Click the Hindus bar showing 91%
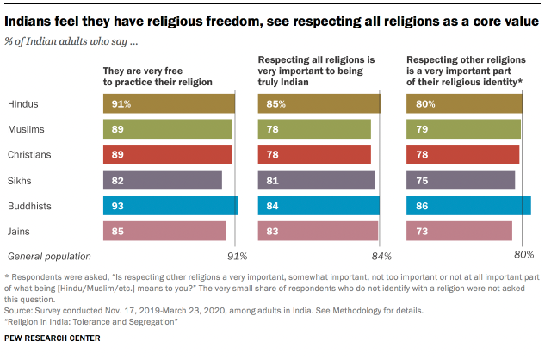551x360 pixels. point(169,104)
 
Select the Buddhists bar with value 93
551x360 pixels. point(170,205)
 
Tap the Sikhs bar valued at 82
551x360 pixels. point(162,180)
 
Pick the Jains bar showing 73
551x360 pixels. point(459,231)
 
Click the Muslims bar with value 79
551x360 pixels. point(463,129)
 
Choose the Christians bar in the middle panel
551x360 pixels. point(314,154)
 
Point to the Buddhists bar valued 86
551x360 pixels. point(468,205)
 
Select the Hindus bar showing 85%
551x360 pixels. point(319,104)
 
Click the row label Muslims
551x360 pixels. point(28,129)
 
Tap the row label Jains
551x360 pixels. point(21,231)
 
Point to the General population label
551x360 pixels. point(49,256)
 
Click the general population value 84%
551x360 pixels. point(381,257)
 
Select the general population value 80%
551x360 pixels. point(523,255)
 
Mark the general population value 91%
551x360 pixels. point(237,257)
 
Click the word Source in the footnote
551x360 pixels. point(22,307)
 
